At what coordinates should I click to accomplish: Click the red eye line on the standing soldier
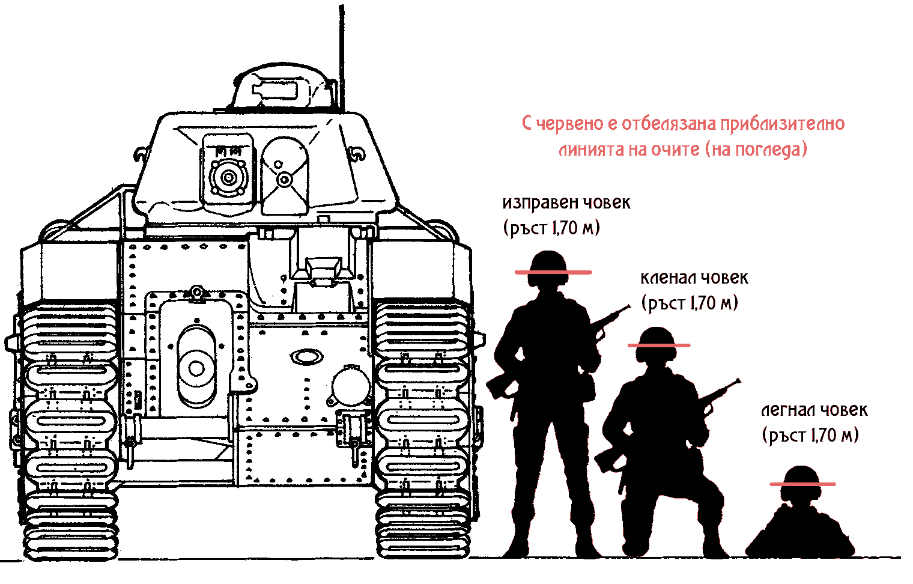553,272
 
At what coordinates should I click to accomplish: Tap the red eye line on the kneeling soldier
659,345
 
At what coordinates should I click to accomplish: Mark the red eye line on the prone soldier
802,484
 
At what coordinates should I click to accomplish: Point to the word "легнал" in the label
788,410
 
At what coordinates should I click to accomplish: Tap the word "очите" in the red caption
675,149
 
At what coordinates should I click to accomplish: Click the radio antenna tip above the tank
341,6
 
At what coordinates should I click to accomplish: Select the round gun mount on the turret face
228,177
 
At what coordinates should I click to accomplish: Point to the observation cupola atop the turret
281,87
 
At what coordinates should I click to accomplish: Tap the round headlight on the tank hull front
351,385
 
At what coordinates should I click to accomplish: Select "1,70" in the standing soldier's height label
564,228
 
